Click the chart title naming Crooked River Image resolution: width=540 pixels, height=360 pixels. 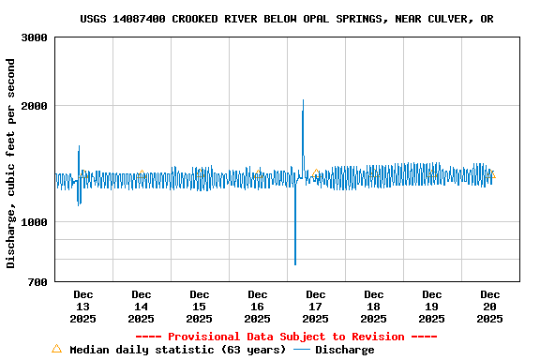pyautogui.click(x=287, y=19)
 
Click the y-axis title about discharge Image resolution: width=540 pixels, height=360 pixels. pyautogui.click(x=11, y=163)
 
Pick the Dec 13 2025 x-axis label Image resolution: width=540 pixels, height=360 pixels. pyautogui.click(x=82, y=307)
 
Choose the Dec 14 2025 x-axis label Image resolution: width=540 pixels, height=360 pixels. pyautogui.click(x=142, y=307)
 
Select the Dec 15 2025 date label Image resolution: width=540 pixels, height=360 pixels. pyautogui.click(x=199, y=307)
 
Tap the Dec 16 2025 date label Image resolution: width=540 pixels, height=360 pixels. pyautogui.click(x=257, y=307)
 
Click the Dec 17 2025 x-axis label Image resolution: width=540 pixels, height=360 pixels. pyautogui.click(x=315, y=307)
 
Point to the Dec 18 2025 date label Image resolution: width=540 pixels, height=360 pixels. pyautogui.click(x=373, y=307)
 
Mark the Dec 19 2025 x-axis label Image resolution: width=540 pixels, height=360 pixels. pyautogui.click(x=431, y=307)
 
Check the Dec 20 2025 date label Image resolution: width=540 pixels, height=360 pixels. pyautogui.click(x=489, y=307)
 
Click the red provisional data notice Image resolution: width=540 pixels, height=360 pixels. pyautogui.click(x=286, y=337)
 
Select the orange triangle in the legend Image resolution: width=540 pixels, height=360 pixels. pyautogui.click(x=56, y=349)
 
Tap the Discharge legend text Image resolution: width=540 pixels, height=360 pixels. pyautogui.click(x=344, y=350)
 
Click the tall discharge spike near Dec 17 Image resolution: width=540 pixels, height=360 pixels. pyautogui.click(x=303, y=101)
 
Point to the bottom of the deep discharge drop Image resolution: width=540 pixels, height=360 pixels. pyautogui.click(x=295, y=263)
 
